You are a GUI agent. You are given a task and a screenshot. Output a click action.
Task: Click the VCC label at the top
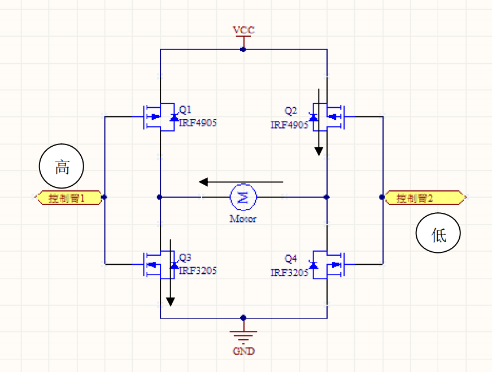coord(243,29)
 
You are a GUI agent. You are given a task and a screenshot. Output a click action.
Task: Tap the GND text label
coord(243,351)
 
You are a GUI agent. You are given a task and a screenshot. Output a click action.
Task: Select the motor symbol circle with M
coord(243,197)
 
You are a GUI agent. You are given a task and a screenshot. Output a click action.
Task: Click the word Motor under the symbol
coord(243,218)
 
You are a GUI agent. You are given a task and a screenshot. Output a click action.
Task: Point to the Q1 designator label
coord(186,110)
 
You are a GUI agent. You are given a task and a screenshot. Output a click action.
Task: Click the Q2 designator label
coord(291,111)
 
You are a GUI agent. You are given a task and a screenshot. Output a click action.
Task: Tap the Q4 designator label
coord(291,259)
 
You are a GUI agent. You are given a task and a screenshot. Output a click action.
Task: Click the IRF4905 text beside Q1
coord(198,122)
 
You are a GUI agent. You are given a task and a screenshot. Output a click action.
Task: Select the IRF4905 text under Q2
coord(289,125)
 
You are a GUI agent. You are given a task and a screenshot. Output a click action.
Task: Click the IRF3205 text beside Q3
coord(198,271)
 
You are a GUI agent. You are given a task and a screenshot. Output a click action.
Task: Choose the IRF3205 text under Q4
coord(289,273)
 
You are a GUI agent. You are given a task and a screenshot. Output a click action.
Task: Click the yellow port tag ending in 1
coord(68,198)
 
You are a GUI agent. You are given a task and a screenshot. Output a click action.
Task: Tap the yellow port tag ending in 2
coord(425,198)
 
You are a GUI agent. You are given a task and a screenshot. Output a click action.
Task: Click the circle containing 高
coord(62,167)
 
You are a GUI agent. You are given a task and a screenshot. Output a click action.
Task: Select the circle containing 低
coord(438,234)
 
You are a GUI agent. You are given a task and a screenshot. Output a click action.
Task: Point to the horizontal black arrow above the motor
coord(241,182)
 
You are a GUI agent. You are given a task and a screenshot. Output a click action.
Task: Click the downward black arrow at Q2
coord(319,122)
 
